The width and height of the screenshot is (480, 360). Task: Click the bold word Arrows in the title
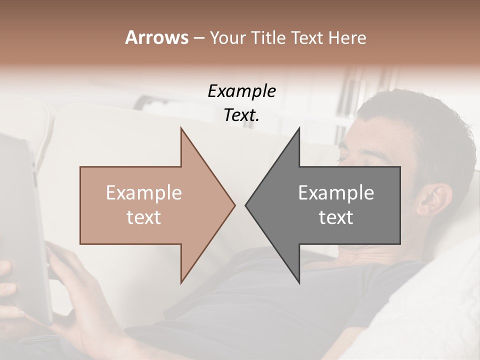(156, 37)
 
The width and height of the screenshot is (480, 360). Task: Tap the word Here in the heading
(347, 37)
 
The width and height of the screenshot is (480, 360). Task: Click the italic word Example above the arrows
(242, 91)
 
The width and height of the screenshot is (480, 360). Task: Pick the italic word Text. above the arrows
(242, 115)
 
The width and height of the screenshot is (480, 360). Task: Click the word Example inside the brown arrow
(144, 193)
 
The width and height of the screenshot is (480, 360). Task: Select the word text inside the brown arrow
(144, 217)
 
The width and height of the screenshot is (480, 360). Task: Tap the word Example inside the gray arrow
(336, 193)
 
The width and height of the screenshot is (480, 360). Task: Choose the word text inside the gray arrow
(336, 217)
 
